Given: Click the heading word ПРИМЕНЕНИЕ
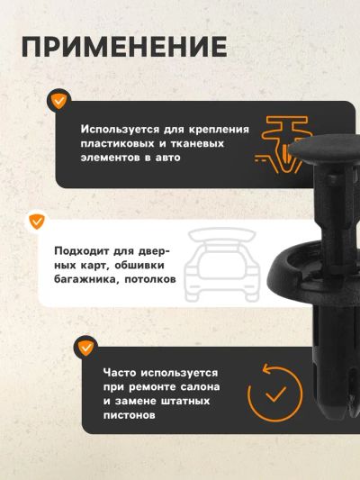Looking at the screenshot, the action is [124, 47].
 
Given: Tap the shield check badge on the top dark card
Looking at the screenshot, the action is [59, 101].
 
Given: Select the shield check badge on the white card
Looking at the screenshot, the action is [37, 222].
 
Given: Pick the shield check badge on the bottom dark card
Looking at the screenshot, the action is [85, 348].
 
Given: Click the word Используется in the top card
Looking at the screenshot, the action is [120, 130].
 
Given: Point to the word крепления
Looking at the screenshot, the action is [219, 130].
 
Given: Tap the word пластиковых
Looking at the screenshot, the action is [117, 143].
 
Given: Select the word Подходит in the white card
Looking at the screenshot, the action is [82, 251].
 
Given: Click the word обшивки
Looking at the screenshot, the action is [139, 266].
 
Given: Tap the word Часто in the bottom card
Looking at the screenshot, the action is [120, 373].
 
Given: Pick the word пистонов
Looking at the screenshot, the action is [129, 415].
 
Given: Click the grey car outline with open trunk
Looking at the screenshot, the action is [221, 266].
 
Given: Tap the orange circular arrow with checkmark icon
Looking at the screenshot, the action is [274, 393].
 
